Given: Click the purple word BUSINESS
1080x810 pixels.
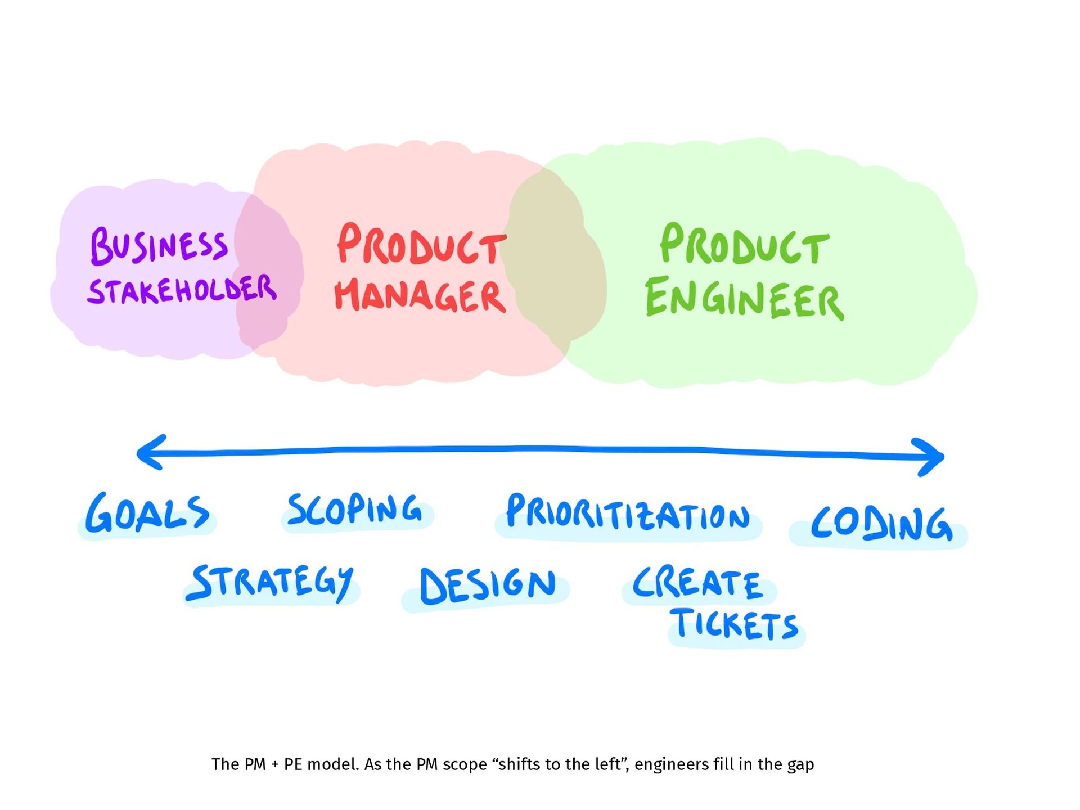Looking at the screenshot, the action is click(159, 246).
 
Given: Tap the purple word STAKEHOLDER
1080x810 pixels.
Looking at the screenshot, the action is click(182, 289).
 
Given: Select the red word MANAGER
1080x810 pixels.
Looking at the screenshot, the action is click(420, 295).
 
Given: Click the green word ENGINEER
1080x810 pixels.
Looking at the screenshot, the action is click(744, 298).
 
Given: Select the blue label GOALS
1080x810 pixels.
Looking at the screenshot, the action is click(147, 514).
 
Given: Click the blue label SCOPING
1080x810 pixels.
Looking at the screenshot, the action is click(354, 510).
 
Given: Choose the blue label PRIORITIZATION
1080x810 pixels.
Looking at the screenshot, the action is click(627, 513).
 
